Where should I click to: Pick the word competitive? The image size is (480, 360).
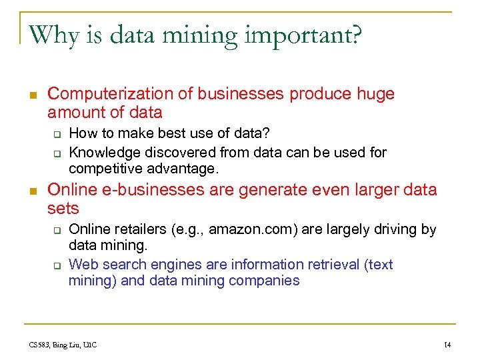click(104, 168)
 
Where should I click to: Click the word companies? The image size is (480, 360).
click(265, 281)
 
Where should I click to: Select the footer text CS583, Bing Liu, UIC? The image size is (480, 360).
click(63, 345)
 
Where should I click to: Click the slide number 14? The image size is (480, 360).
click(447, 345)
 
